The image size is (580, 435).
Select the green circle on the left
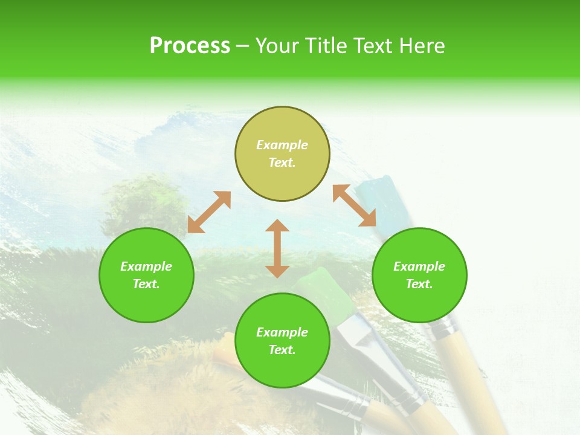click(146, 275)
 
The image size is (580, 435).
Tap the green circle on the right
click(419, 275)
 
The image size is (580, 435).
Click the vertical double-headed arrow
click(277, 248)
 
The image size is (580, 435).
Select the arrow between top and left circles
click(209, 212)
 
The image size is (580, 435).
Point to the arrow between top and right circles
click(354, 205)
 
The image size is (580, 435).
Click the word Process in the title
click(190, 46)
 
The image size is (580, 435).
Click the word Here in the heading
click(422, 46)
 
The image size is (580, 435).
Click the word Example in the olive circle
click(282, 145)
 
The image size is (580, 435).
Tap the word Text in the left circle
click(146, 284)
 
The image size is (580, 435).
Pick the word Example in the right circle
click(419, 266)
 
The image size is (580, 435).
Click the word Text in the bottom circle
click(282, 350)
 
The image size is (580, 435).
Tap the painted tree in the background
click(135, 199)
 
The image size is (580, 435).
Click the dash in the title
click(243, 46)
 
